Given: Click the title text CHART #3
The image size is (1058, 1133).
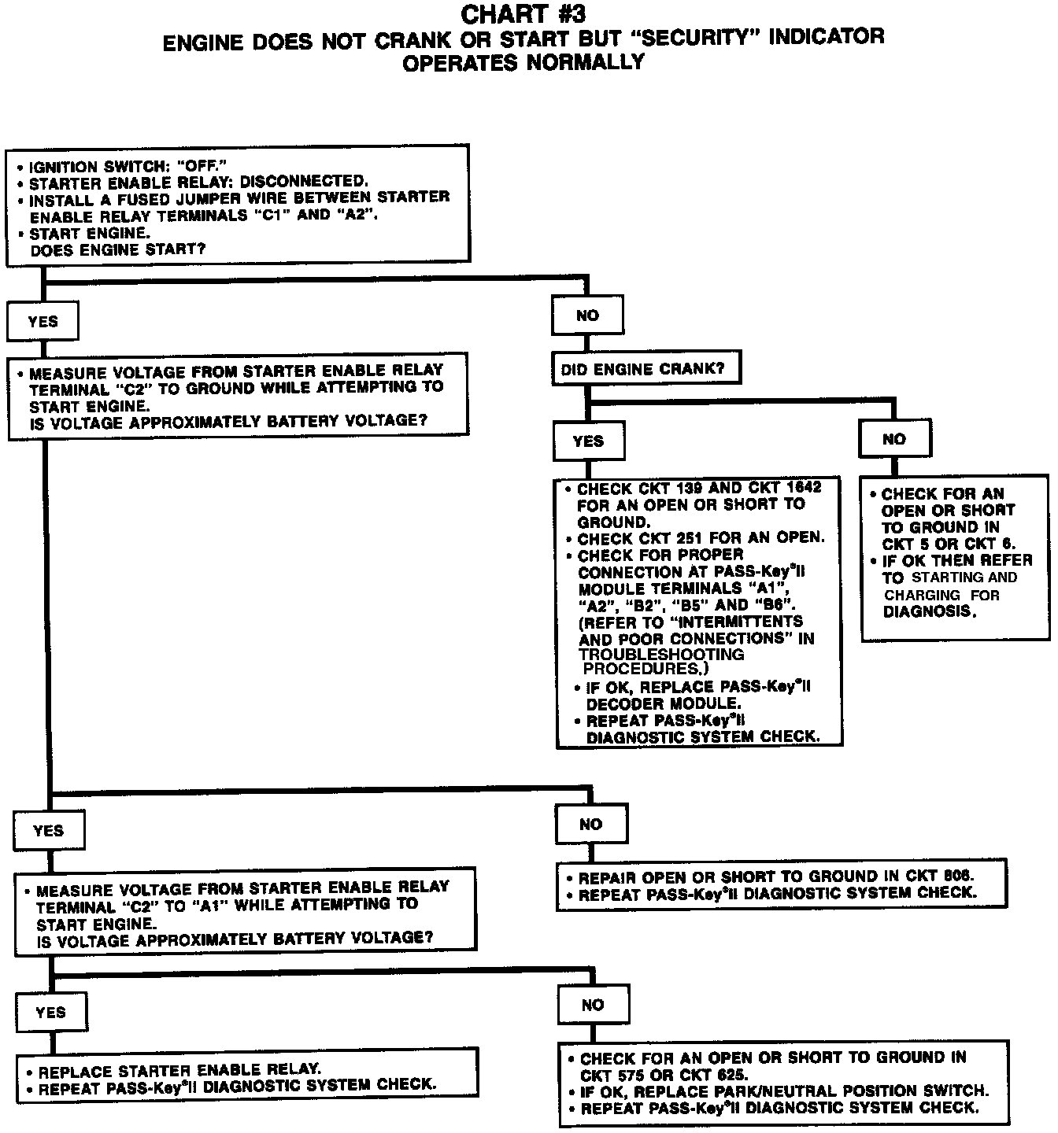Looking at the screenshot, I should click(x=523, y=14).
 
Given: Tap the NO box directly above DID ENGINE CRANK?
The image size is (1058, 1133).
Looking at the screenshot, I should click(x=587, y=316).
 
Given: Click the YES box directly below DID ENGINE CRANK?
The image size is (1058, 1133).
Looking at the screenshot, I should click(x=588, y=441).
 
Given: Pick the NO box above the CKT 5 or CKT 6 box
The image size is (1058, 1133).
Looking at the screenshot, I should click(x=894, y=439).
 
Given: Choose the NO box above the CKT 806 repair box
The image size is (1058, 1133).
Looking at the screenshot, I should click(x=590, y=824).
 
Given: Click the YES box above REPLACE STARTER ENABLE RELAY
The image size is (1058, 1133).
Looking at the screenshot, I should click(x=50, y=1012).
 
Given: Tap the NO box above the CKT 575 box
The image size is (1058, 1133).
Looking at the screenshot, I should click(x=593, y=1005).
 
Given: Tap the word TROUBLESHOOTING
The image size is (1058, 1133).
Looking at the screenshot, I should click(x=661, y=654).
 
